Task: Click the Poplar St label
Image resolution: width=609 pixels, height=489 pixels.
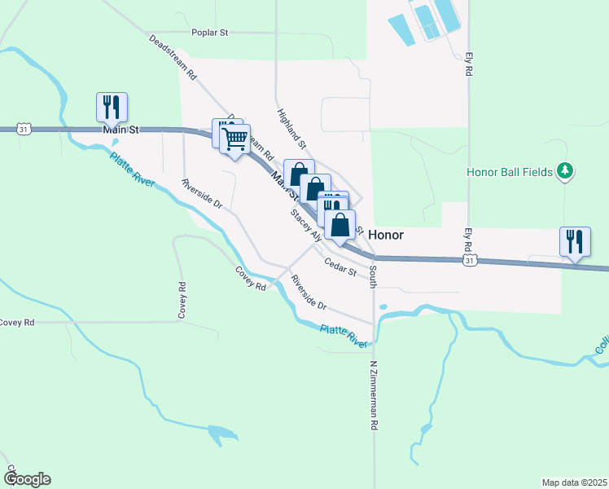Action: pos(210,33)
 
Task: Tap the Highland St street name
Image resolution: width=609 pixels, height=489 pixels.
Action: pos(291,129)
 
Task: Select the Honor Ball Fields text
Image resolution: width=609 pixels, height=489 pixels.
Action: pos(510,172)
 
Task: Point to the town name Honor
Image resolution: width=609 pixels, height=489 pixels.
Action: pos(386,234)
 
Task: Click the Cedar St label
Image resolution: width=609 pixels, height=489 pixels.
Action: pos(340,267)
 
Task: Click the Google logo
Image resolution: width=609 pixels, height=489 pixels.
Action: pos(27,479)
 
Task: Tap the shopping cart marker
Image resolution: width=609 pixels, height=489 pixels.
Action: pos(235,139)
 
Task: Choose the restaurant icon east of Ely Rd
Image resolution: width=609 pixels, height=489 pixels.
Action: pos(575,242)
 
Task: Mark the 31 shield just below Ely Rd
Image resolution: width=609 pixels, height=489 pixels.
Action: pos(469,260)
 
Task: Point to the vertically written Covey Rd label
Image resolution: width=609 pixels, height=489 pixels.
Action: pos(182,299)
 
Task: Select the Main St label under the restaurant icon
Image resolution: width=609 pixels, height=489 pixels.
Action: pos(122,130)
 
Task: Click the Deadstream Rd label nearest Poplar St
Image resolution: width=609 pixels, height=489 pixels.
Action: pos(173,56)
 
